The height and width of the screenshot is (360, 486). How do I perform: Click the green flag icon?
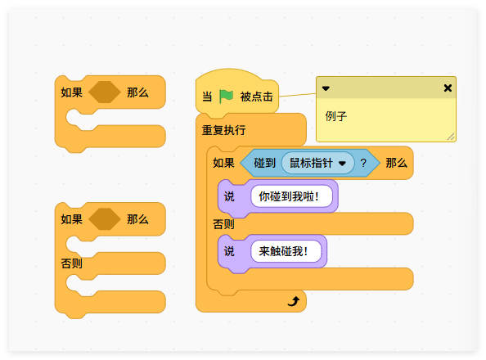226,96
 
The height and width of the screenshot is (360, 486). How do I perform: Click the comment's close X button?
448,88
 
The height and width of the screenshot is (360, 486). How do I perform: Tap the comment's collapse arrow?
326,88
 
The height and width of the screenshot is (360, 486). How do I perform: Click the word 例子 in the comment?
336,116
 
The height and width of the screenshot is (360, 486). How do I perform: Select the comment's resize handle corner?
450,137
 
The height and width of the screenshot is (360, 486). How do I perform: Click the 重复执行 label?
223,130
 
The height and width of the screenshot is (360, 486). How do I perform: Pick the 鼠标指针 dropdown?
317,163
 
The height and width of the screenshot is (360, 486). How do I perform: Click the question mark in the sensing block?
363,163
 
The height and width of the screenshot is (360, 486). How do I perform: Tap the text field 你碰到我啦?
295,196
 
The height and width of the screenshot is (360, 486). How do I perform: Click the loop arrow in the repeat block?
294,301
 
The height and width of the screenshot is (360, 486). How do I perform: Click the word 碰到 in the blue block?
264,163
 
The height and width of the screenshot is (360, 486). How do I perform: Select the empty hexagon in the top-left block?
104,92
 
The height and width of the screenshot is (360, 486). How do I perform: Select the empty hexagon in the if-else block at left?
104,219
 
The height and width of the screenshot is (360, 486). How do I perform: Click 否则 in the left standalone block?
71,263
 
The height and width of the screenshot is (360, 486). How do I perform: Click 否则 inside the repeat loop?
223,223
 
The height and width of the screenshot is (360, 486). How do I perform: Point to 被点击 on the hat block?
257,97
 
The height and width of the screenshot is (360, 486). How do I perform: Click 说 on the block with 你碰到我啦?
229,196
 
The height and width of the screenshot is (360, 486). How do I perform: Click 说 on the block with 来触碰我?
229,251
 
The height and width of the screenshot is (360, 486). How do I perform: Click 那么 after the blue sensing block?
396,163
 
